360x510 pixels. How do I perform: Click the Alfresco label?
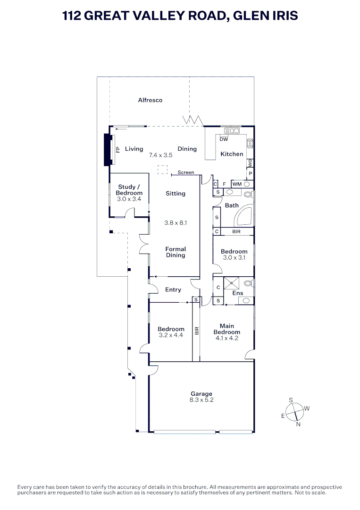point(150,100)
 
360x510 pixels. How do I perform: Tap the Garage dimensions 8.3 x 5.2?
point(201,400)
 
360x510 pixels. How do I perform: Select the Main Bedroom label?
point(227,329)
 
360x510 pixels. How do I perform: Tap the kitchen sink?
point(232,131)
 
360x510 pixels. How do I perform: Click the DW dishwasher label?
point(224,139)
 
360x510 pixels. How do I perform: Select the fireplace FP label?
point(118,149)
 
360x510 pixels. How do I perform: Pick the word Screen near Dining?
point(186,172)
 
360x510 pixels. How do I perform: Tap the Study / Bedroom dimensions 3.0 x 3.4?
point(129,199)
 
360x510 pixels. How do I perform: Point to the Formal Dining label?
point(176,252)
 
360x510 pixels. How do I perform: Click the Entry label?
point(173,289)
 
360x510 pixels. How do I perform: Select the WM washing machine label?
point(237,184)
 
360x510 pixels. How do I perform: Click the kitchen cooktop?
point(250,143)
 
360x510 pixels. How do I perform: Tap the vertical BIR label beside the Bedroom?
point(197,331)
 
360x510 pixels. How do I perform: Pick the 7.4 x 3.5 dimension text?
point(160,155)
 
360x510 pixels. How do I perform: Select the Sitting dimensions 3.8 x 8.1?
point(176,223)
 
